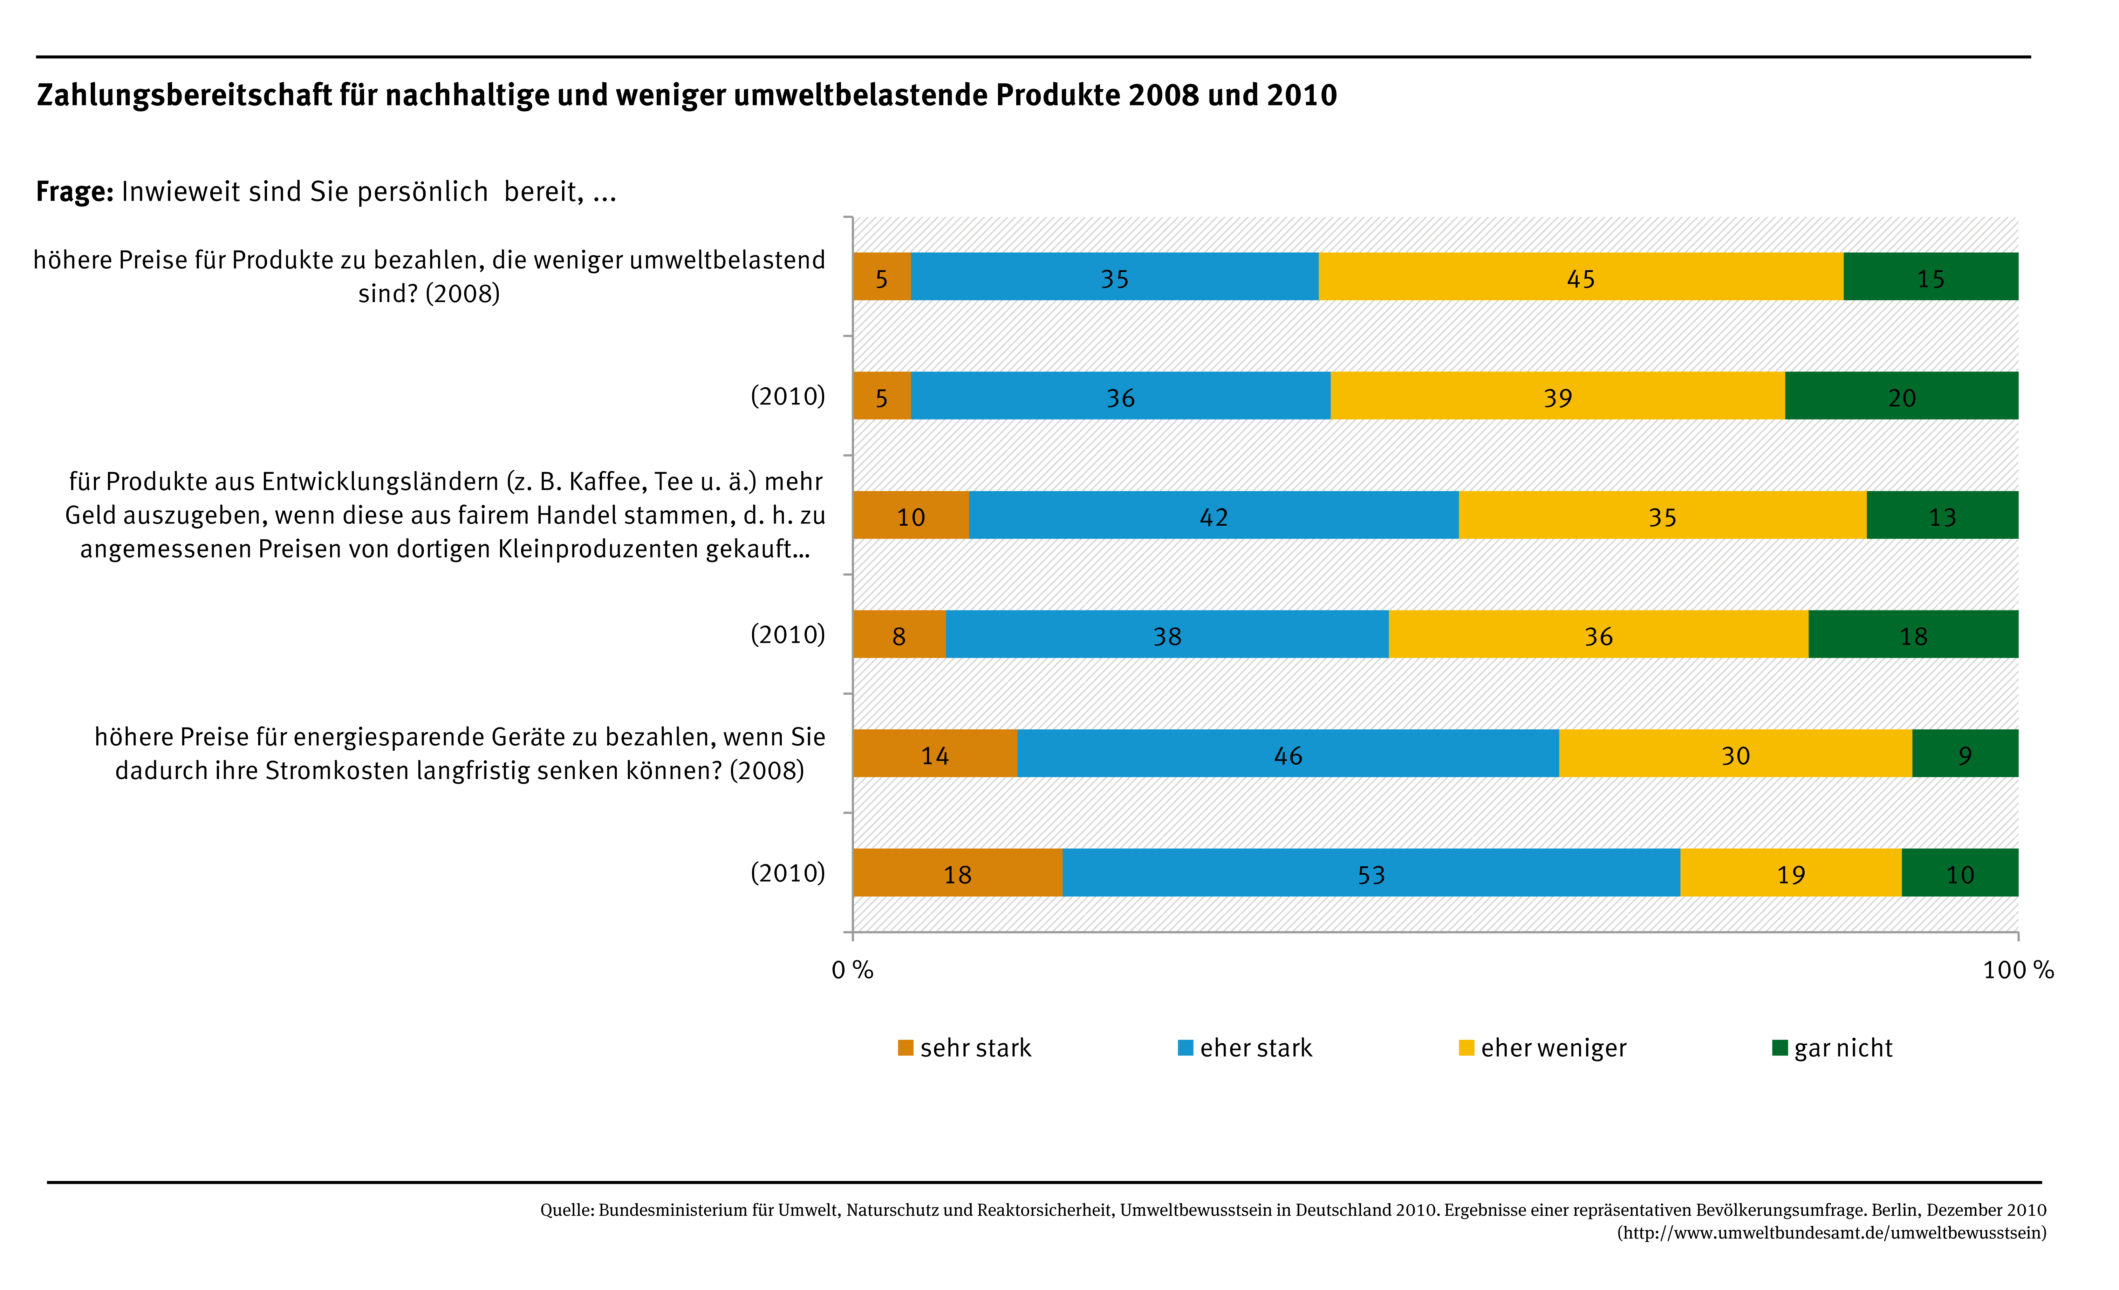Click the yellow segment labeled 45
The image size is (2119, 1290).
(1581, 277)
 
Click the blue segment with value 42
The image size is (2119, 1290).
(1214, 515)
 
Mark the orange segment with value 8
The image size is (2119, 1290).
(899, 635)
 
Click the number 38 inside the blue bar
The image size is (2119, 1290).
(1167, 636)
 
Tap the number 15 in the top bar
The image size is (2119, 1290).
(1931, 279)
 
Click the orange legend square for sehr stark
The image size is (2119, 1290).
(905, 1047)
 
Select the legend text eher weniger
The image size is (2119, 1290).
(1553, 1047)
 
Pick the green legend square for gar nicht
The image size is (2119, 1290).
(1779, 1047)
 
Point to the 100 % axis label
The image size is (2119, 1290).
(2017, 970)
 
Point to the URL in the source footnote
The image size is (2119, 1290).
(1832, 1233)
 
